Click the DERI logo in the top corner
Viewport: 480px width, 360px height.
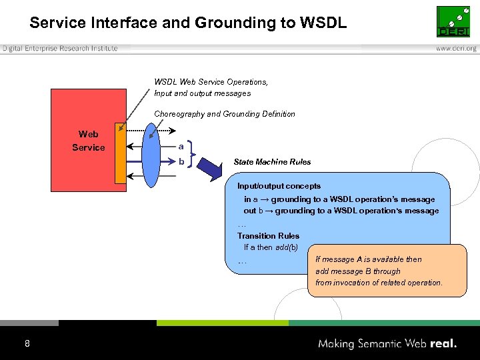(453, 22)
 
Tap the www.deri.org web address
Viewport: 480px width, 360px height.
(456, 49)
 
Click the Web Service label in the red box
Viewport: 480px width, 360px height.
(89, 141)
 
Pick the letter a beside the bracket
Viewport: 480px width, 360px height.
(181, 147)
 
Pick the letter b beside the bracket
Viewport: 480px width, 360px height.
(181, 161)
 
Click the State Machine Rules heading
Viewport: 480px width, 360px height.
(272, 162)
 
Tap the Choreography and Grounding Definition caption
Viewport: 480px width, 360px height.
(225, 114)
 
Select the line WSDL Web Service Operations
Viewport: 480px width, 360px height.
(211, 82)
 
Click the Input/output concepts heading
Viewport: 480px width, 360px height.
(279, 186)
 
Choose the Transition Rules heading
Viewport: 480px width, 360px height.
(268, 236)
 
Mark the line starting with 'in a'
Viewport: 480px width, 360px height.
(339, 199)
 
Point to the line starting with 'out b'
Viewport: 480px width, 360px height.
(341, 211)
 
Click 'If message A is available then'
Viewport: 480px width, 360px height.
(369, 259)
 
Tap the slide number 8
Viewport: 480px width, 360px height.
(27, 344)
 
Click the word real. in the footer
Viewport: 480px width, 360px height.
(443, 344)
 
